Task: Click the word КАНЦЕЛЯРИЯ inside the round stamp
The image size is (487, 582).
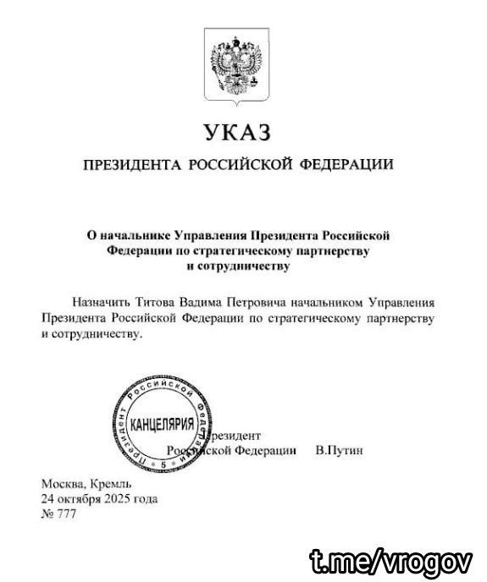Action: click(x=158, y=422)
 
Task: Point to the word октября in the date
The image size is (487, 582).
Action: click(x=85, y=499)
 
